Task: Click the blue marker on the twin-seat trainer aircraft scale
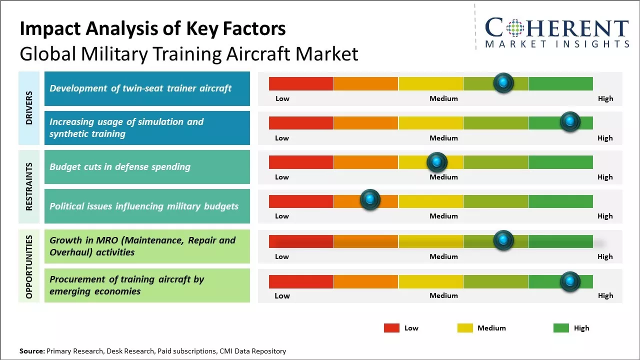503,82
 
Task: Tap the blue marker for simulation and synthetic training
569,121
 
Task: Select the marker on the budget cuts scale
436,162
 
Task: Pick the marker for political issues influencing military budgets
370,199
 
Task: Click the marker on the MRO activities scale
503,240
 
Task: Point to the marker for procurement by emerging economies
569,281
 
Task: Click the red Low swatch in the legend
391,328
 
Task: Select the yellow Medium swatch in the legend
465,328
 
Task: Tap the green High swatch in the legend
561,328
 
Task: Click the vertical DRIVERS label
29,107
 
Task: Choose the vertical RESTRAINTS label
29,186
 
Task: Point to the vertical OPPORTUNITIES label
29,267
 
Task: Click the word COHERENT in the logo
556,27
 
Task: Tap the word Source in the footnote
31,351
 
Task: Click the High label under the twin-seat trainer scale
605,98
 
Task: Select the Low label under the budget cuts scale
282,177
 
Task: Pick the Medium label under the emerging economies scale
443,295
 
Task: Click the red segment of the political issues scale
301,201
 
